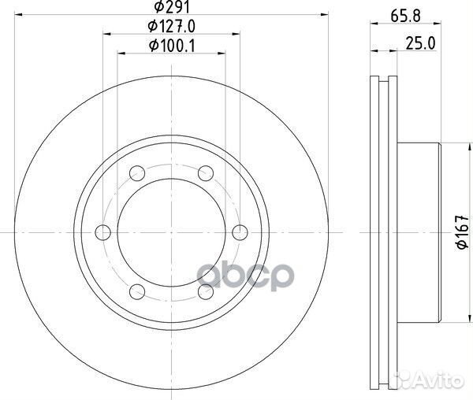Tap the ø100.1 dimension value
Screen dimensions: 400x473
(169, 46)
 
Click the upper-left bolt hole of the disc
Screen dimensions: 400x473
(136, 172)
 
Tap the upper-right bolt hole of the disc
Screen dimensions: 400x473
(206, 172)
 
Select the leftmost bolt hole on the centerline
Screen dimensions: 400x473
(102, 231)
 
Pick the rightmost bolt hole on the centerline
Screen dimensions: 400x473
(240, 231)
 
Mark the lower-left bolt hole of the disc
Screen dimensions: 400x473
(136, 291)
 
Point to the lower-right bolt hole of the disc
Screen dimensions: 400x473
(206, 291)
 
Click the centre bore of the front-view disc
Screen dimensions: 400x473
(171, 231)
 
